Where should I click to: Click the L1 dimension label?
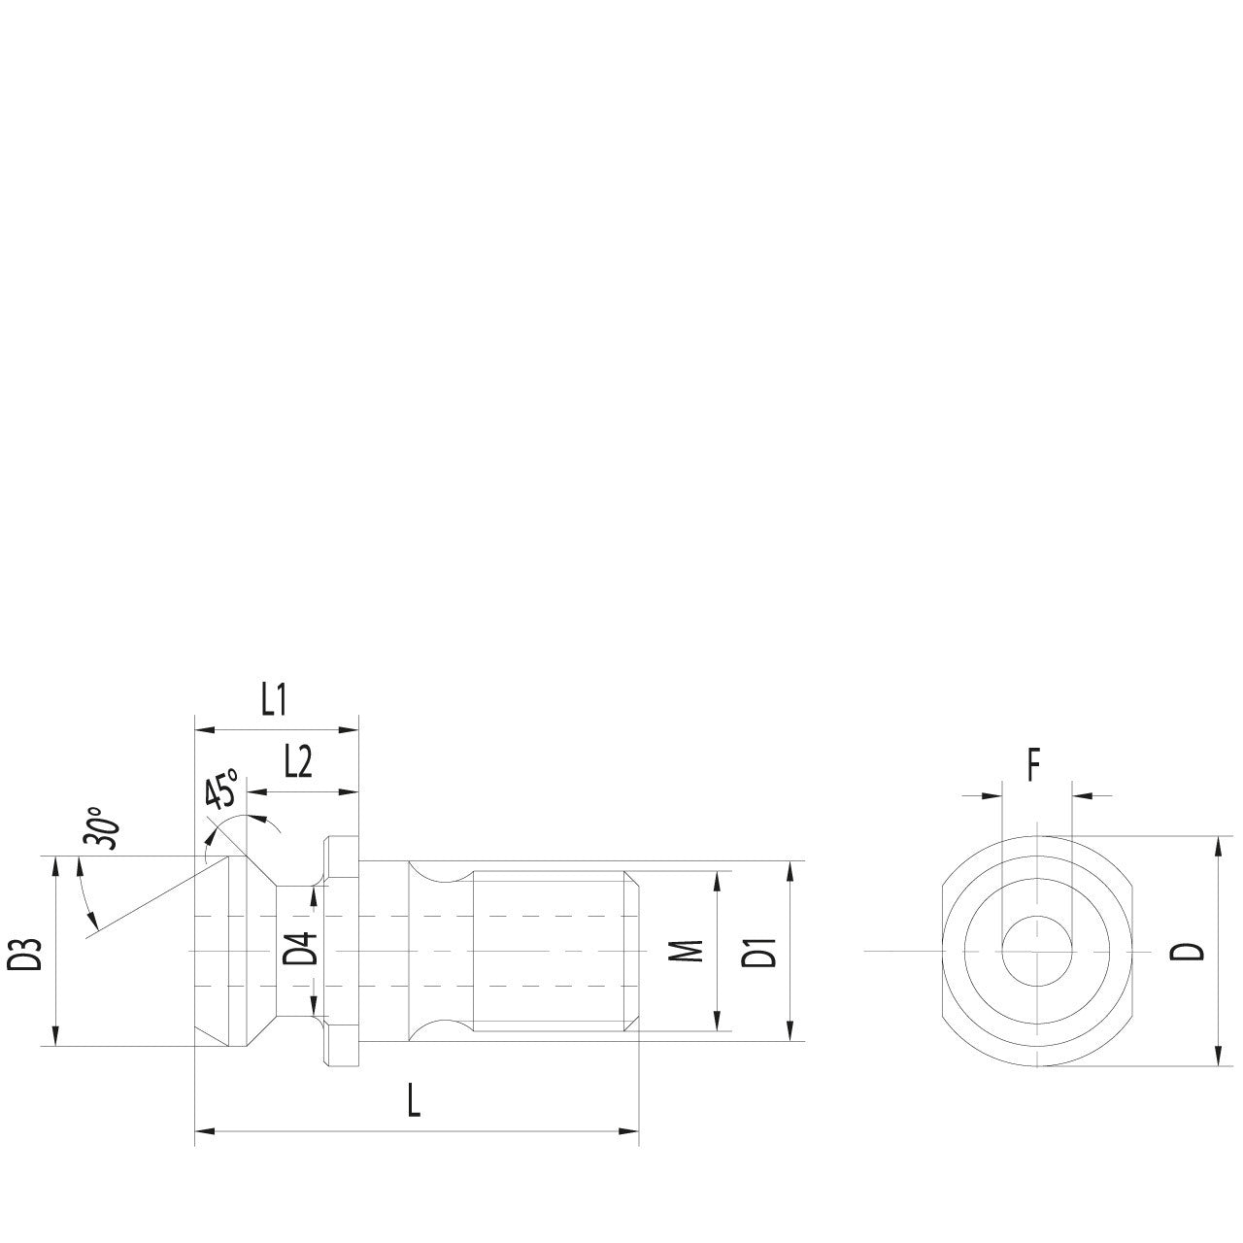tap(275, 700)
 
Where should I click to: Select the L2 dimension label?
tap(298, 763)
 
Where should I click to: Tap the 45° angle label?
tap(222, 790)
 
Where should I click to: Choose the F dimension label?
tap(1034, 767)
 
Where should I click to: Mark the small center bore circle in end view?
tap(1036, 950)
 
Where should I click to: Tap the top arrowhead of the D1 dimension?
tap(790, 868)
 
